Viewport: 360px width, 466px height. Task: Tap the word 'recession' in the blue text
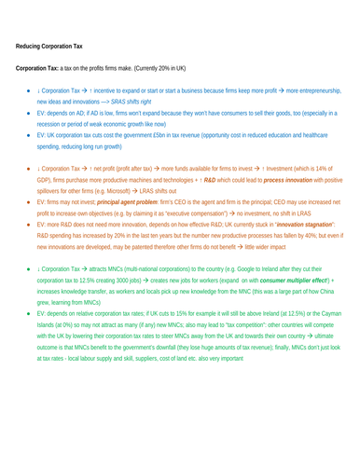(53, 124)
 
